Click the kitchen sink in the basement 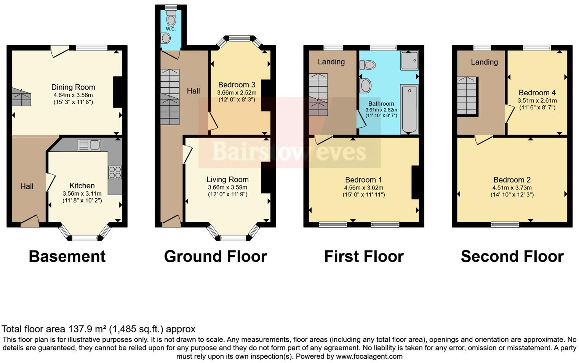click(89, 145)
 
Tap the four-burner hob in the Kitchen click(115, 172)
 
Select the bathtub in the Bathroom click(409, 109)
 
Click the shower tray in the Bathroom click(409, 61)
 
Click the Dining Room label click(73, 87)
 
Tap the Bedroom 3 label click(237, 85)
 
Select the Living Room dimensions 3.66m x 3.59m click(227, 187)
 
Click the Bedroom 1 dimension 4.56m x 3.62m click(363, 188)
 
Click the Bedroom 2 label click(512, 180)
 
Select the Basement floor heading click(67, 256)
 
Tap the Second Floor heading click(512, 256)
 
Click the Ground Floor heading click(215, 256)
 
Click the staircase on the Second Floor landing click(467, 96)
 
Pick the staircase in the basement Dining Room click(21, 97)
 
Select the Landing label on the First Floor click(331, 62)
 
